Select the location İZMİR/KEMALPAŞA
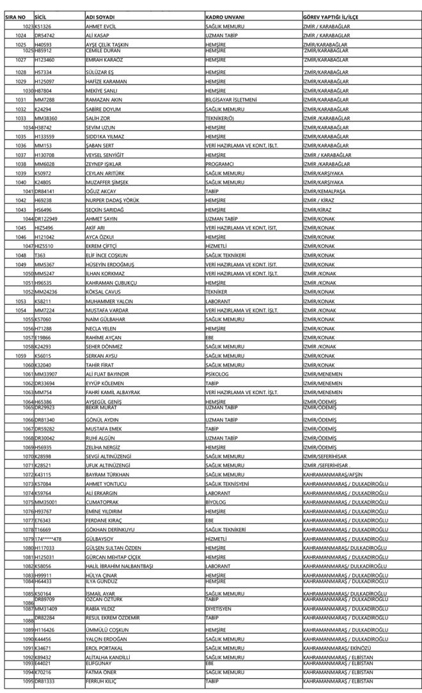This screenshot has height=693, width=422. [326, 192]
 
